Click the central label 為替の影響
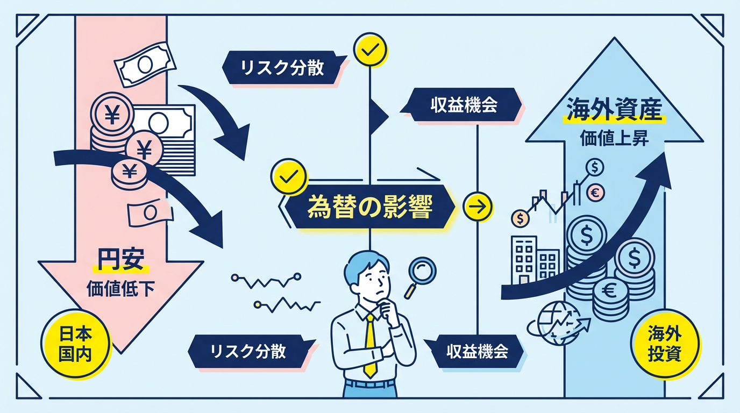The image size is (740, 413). [x=369, y=208]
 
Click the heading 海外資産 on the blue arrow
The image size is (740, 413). [x=614, y=111]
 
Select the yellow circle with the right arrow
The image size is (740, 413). [x=477, y=206]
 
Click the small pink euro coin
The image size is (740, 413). [x=596, y=192]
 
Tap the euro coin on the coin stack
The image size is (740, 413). [x=610, y=291]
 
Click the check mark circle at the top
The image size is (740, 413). [x=369, y=50]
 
